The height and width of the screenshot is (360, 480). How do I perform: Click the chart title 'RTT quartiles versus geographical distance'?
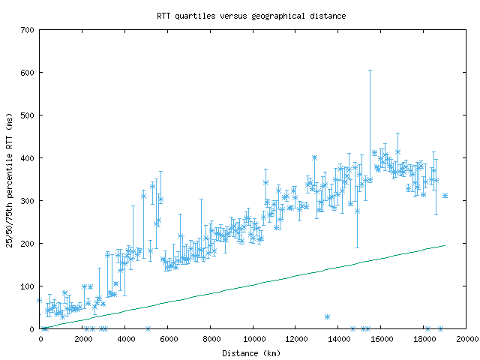tap(251, 16)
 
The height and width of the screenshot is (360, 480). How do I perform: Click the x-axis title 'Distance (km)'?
tap(251, 353)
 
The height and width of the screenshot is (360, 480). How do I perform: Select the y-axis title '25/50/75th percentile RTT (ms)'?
tap(9, 180)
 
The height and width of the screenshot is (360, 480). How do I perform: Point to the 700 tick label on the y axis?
tap(27, 30)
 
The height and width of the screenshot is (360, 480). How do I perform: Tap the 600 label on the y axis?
tap(27, 73)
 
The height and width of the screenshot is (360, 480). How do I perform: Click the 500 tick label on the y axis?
tap(27, 115)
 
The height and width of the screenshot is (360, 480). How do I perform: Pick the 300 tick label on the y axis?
tap(27, 201)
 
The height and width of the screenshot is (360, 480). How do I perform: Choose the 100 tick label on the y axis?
tap(27, 286)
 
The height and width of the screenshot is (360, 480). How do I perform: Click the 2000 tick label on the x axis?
tap(83, 339)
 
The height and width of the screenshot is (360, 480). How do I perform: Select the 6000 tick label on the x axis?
tap(169, 339)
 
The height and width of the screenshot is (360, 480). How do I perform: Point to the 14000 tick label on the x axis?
tap(339, 339)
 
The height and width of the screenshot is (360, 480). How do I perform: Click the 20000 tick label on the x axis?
tap(467, 339)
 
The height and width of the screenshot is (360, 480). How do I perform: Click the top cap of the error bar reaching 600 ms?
tap(370, 70)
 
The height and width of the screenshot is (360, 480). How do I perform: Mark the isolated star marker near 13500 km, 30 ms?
tap(327, 316)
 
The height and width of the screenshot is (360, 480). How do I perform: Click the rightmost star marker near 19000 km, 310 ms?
tap(445, 195)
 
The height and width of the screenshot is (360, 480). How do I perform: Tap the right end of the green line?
tap(445, 245)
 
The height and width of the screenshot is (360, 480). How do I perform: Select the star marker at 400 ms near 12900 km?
tap(314, 157)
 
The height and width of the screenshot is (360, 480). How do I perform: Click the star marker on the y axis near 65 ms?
tap(40, 300)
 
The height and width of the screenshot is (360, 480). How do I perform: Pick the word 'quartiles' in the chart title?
tap(195, 16)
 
